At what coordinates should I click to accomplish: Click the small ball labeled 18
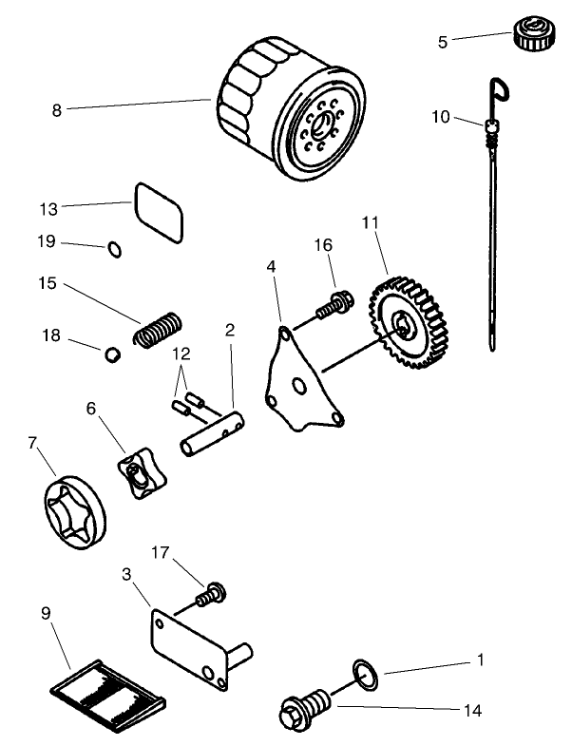(111, 356)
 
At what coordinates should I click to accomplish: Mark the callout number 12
(181, 354)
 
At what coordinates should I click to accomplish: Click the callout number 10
(440, 116)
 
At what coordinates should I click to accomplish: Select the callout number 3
(126, 574)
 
